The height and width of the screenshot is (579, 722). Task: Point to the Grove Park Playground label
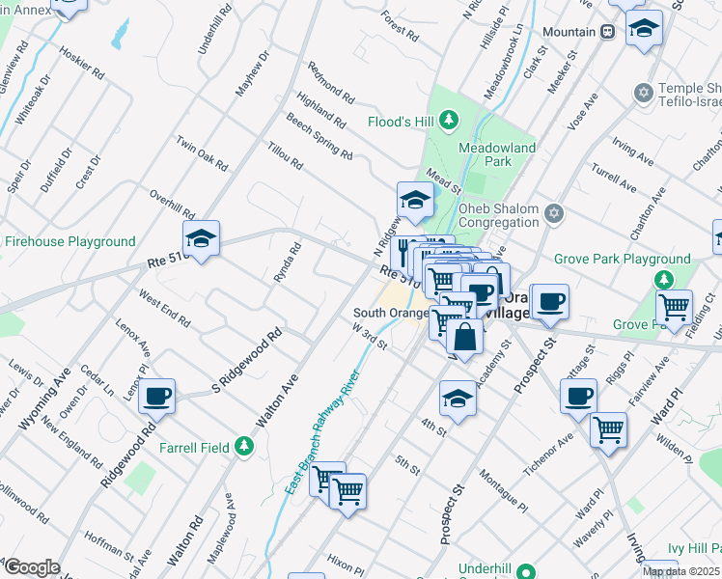[623, 260]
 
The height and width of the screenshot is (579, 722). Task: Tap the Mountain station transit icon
[607, 32]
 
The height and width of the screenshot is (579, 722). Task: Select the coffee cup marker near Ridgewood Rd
[156, 395]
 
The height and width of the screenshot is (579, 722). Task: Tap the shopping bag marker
[464, 337]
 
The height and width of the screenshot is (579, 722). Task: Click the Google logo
[32, 567]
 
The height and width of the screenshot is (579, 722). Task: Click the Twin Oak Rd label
[201, 153]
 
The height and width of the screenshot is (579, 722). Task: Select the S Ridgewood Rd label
[246, 362]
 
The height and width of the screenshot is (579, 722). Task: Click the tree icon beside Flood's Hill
[448, 121]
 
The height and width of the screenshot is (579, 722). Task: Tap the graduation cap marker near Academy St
[458, 397]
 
